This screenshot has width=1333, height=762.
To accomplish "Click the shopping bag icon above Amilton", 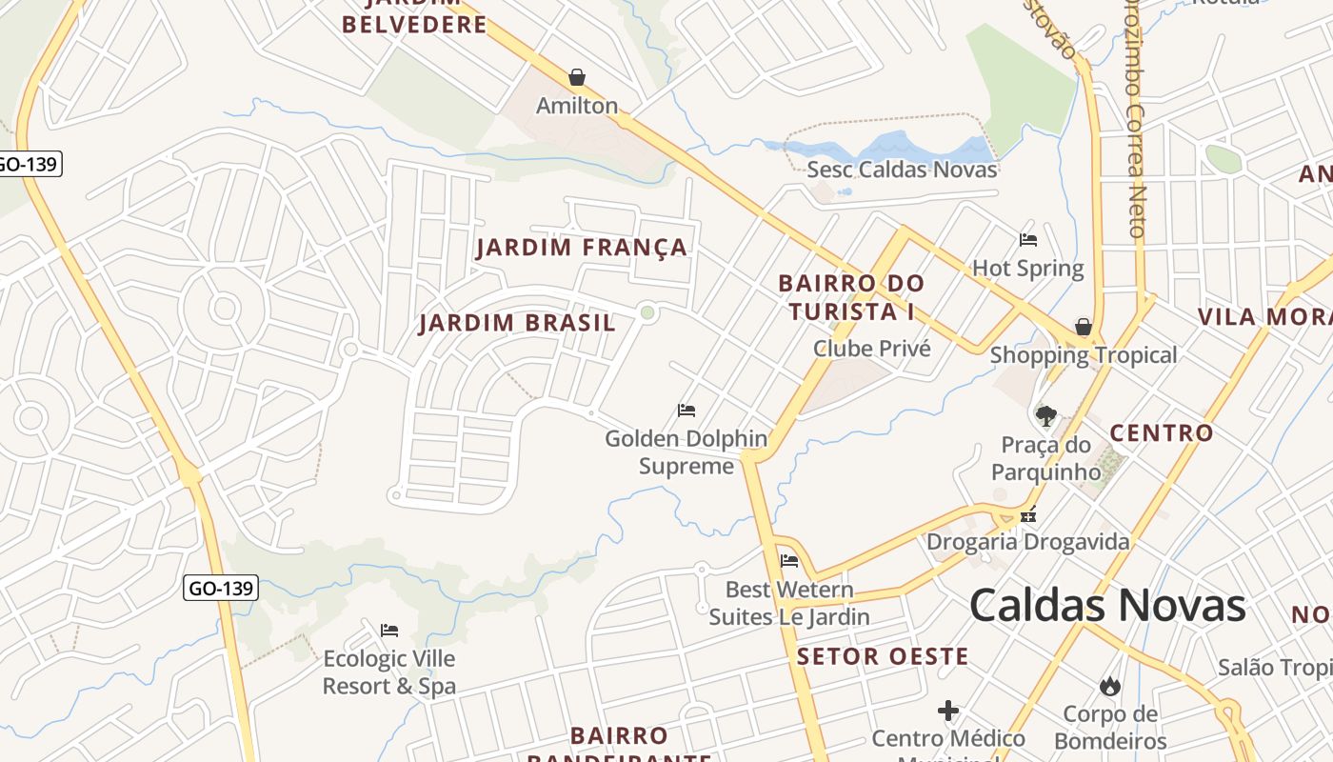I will tap(576, 77).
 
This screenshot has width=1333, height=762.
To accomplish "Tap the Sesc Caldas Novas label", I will tap(902, 170).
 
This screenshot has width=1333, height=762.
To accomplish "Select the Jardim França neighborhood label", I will tap(581, 248).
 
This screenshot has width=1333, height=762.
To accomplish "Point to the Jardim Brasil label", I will tap(517, 323).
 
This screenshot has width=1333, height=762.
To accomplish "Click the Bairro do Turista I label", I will tap(850, 297).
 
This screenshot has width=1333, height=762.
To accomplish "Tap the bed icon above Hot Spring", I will tap(1028, 240).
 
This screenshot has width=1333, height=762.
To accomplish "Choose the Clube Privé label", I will tap(871, 349).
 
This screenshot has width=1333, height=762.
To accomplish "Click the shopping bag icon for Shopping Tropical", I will tap(1084, 327).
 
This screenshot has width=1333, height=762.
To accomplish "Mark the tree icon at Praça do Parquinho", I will tap(1045, 416).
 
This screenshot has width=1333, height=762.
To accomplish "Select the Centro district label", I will tap(1162, 433).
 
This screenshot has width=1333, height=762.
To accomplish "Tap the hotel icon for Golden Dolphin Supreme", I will tap(686, 411).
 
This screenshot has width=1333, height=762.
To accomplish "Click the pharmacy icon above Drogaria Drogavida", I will tap(1028, 515).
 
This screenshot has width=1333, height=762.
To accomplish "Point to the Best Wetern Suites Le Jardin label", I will tap(789, 603).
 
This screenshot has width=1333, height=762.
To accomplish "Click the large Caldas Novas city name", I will tap(1106, 606).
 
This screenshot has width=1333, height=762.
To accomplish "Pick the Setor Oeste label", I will tap(883, 656).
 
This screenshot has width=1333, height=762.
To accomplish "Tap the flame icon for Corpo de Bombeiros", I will tap(1109, 686).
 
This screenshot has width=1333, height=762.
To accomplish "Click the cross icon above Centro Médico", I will tap(948, 711).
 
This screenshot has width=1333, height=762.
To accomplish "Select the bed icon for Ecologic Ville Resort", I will tap(388, 631).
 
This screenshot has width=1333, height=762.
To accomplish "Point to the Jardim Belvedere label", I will tap(414, 23).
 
